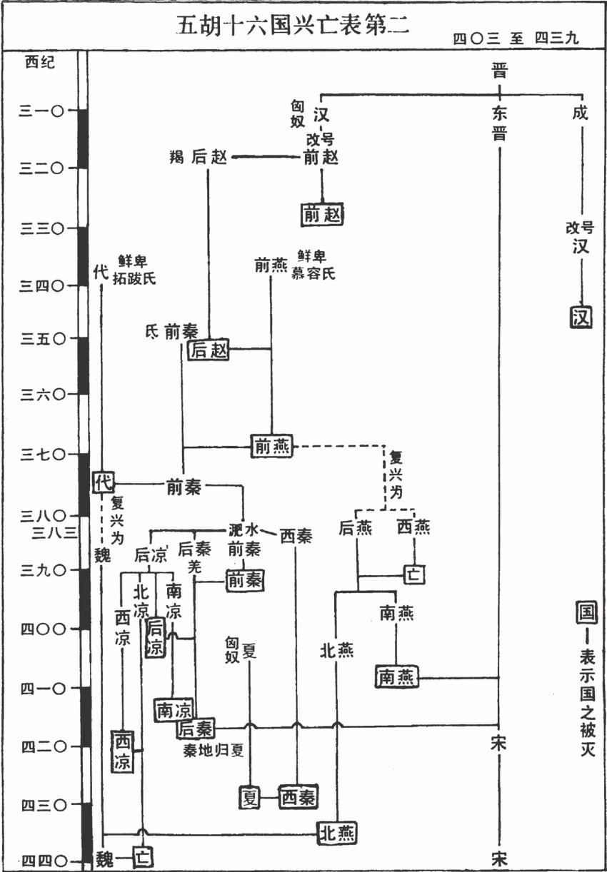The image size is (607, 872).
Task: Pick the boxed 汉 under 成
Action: click(x=581, y=316)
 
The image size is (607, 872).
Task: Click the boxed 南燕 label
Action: click(x=396, y=677)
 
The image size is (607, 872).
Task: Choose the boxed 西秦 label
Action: click(x=298, y=796)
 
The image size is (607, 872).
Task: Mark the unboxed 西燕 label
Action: click(x=413, y=527)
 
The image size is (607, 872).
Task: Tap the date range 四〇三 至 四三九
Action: click(x=515, y=39)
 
